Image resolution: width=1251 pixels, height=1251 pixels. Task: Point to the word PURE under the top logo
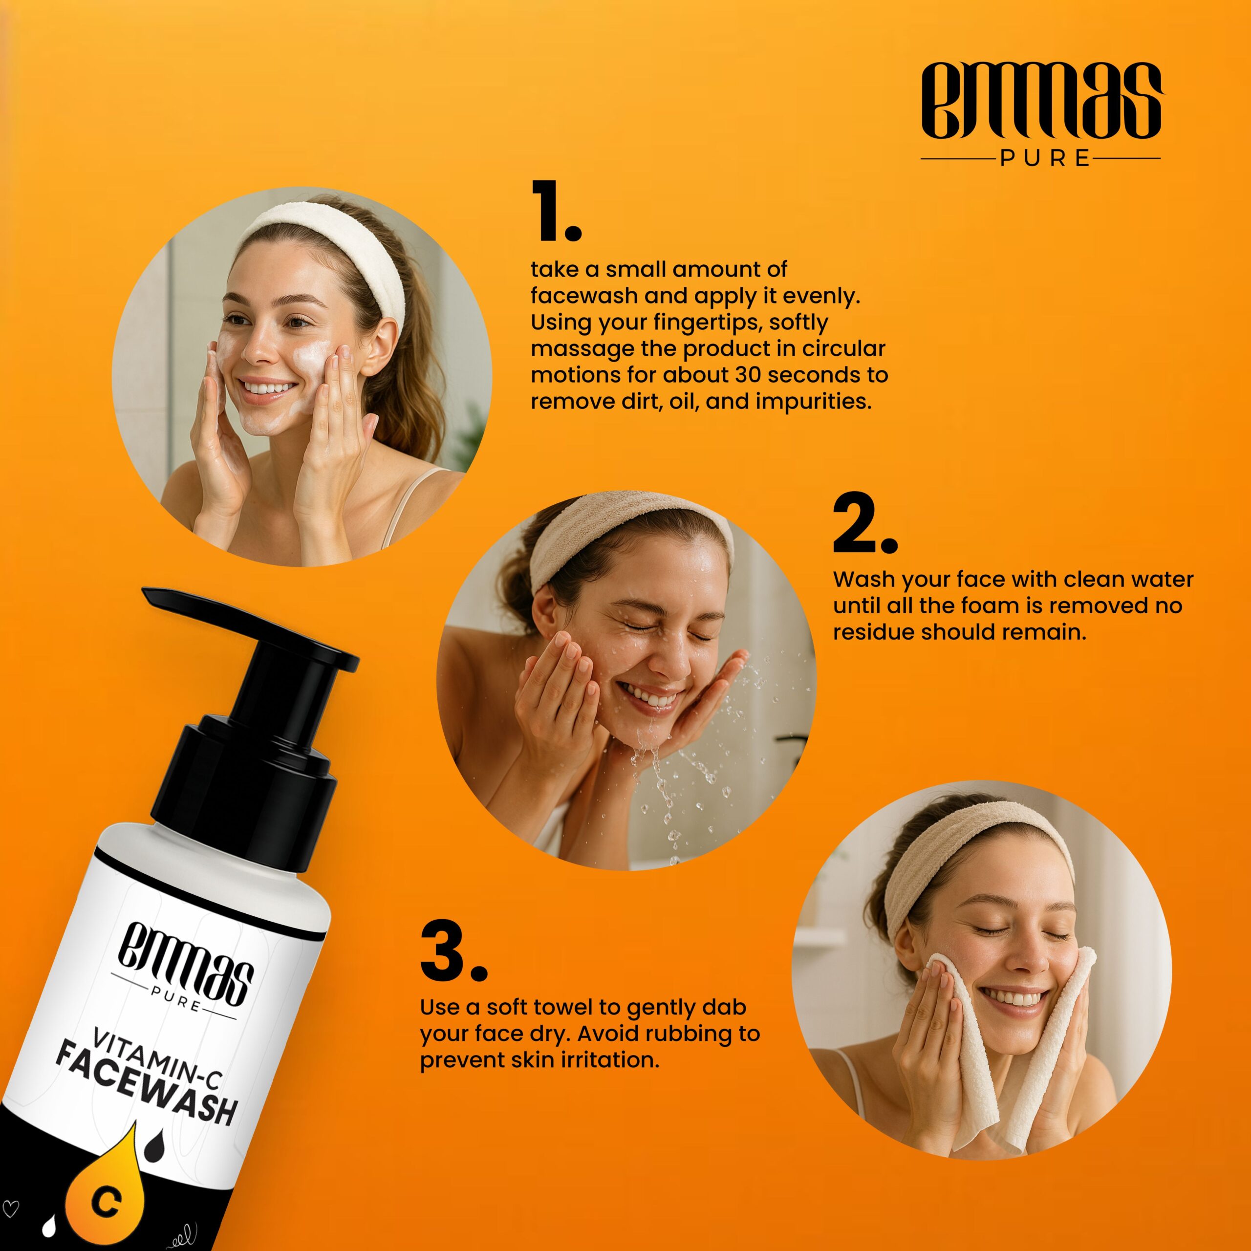1045,159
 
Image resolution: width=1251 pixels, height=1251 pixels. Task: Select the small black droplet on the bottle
154,1146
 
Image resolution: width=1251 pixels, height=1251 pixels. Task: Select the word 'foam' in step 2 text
1001,605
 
